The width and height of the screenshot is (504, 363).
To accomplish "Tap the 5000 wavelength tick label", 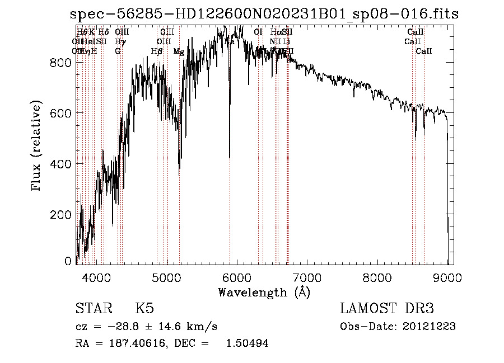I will (x=167, y=276).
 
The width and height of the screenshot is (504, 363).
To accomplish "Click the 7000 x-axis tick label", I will (x=307, y=276).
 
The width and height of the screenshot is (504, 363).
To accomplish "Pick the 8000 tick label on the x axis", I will (x=377, y=276).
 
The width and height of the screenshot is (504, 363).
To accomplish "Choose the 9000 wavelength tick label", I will (x=447, y=276).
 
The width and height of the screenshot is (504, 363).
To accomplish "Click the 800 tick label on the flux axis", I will (x=60, y=63).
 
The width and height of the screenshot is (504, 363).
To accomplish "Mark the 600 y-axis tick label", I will (x=60, y=114).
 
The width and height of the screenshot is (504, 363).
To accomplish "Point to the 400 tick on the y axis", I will (x=60, y=164).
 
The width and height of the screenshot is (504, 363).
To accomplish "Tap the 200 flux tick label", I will (x=60, y=215).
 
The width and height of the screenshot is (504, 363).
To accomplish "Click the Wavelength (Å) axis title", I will (x=264, y=292).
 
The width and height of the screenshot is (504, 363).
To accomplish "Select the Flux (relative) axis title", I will (x=38, y=147).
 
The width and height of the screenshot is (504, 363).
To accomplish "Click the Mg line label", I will (x=179, y=51).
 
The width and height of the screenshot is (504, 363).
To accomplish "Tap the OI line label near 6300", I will (x=258, y=32).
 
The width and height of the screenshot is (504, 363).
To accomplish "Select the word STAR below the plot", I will (x=92, y=309).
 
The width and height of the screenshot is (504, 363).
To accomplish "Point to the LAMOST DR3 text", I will (x=387, y=309).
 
